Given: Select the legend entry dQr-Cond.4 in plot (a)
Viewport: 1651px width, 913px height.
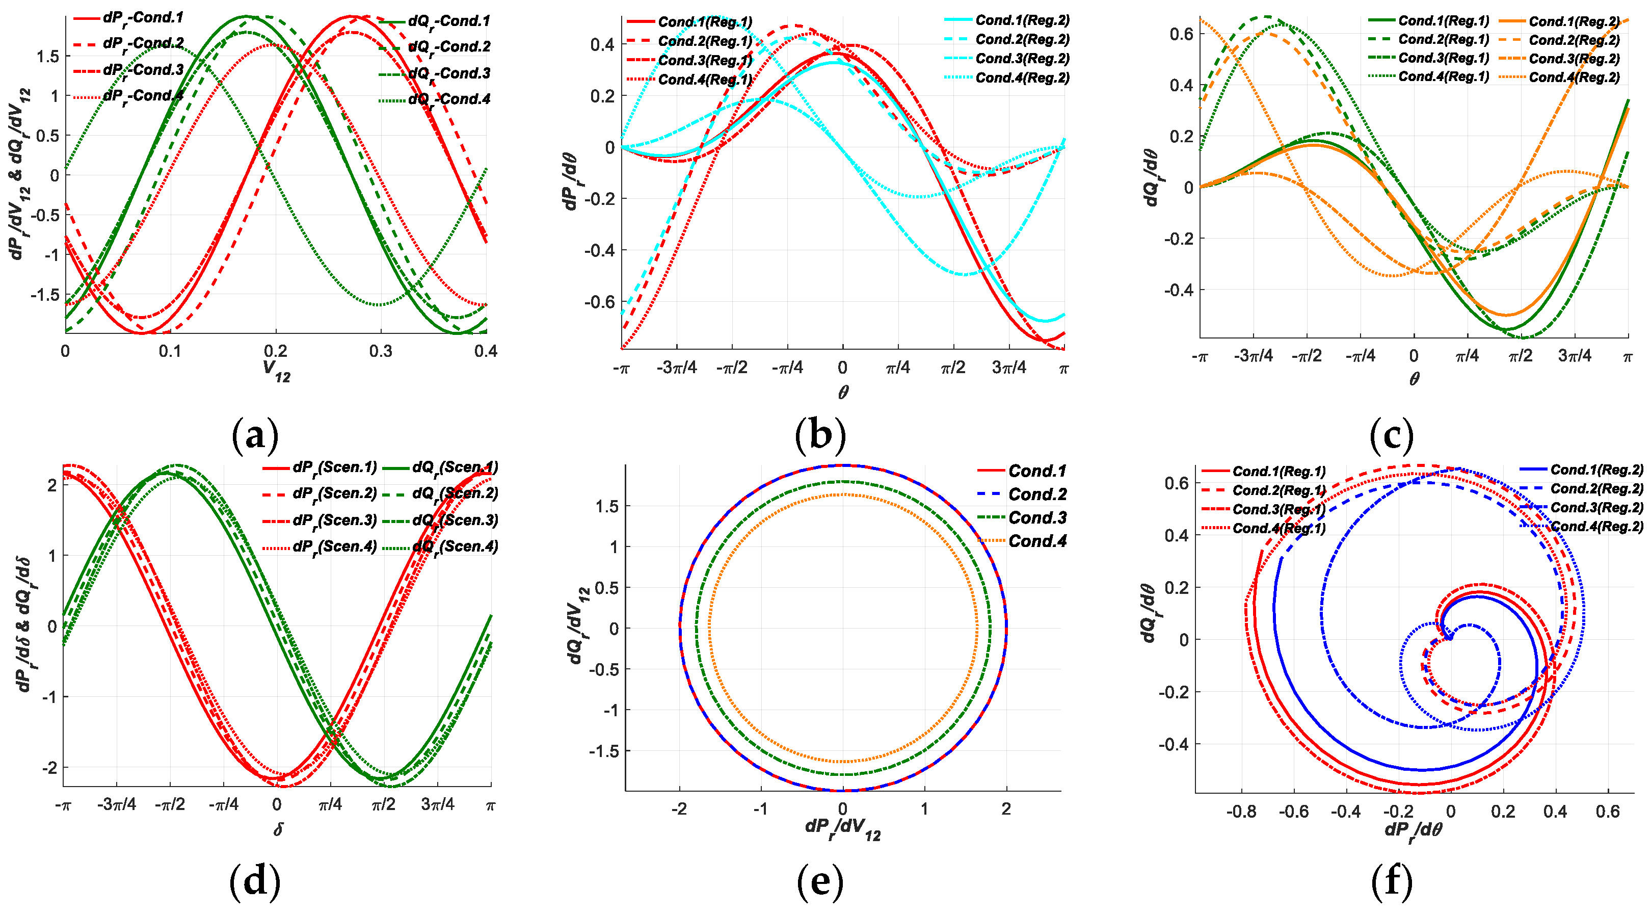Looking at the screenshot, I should (x=448, y=99).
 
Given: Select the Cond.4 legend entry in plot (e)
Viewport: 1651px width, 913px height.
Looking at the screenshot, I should (x=1037, y=541).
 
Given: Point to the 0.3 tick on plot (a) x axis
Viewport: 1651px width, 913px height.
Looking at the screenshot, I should (x=381, y=351).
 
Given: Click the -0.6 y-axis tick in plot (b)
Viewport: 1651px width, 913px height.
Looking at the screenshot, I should (x=599, y=301).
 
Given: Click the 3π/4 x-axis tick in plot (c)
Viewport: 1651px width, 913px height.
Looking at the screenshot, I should (x=1574, y=356).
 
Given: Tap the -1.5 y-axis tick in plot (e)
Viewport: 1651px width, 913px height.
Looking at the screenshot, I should (x=604, y=751).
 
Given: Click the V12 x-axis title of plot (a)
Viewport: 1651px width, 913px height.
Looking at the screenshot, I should (x=276, y=370).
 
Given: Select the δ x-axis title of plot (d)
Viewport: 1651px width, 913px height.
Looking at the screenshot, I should (x=278, y=830).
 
